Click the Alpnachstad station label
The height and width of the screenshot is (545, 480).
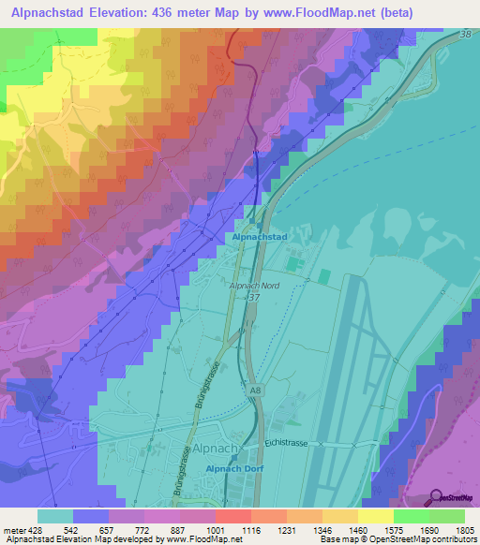click(260, 238)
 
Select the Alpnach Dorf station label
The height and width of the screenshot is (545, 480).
click(232, 467)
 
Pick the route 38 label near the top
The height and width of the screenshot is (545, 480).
click(467, 33)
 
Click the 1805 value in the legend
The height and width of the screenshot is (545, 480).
click(465, 529)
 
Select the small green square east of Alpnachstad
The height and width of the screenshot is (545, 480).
click(323, 276)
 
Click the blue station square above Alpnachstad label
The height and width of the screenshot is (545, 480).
click(250, 222)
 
